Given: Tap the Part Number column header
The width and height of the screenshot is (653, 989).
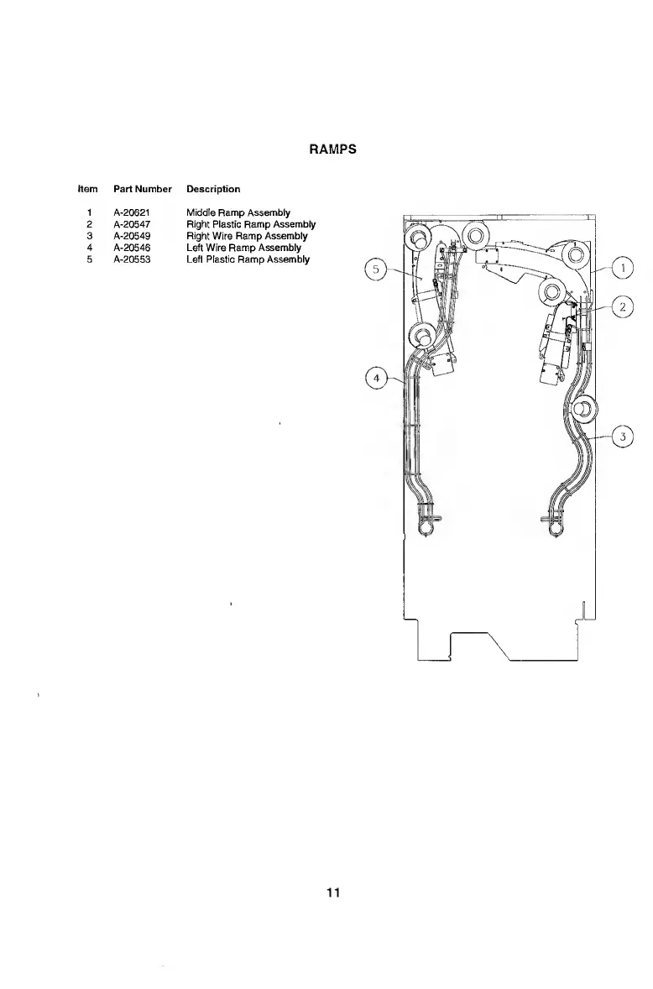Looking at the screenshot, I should tap(143, 189).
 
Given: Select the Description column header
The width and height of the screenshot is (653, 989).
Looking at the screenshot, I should tap(213, 189).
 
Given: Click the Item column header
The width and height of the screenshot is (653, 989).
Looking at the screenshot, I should tap(88, 189).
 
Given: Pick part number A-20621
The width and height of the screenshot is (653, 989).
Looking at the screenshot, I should tap(132, 212).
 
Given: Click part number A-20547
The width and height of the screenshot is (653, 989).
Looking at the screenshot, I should tap(132, 224).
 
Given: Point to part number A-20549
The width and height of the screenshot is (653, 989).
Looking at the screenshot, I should tap(132, 236).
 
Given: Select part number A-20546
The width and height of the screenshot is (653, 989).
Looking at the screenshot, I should tap(132, 248).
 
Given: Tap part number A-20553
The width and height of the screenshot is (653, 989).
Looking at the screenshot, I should tap(132, 259).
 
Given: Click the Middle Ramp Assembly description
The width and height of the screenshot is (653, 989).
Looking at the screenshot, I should tap(238, 212).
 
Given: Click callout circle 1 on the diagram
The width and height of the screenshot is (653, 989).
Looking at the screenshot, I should tap(622, 269).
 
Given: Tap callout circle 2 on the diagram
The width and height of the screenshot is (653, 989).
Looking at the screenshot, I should tap(622, 307).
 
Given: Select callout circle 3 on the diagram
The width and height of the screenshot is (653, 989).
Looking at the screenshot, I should tap(622, 436).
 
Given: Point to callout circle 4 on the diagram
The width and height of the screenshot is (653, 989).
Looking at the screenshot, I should tap(377, 379).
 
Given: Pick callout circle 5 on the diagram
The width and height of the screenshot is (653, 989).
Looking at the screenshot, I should tap(377, 270).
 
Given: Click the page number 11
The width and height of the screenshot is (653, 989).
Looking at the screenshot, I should tap(333, 892).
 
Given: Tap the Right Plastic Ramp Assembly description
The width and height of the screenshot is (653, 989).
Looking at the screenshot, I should tap(250, 224).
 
